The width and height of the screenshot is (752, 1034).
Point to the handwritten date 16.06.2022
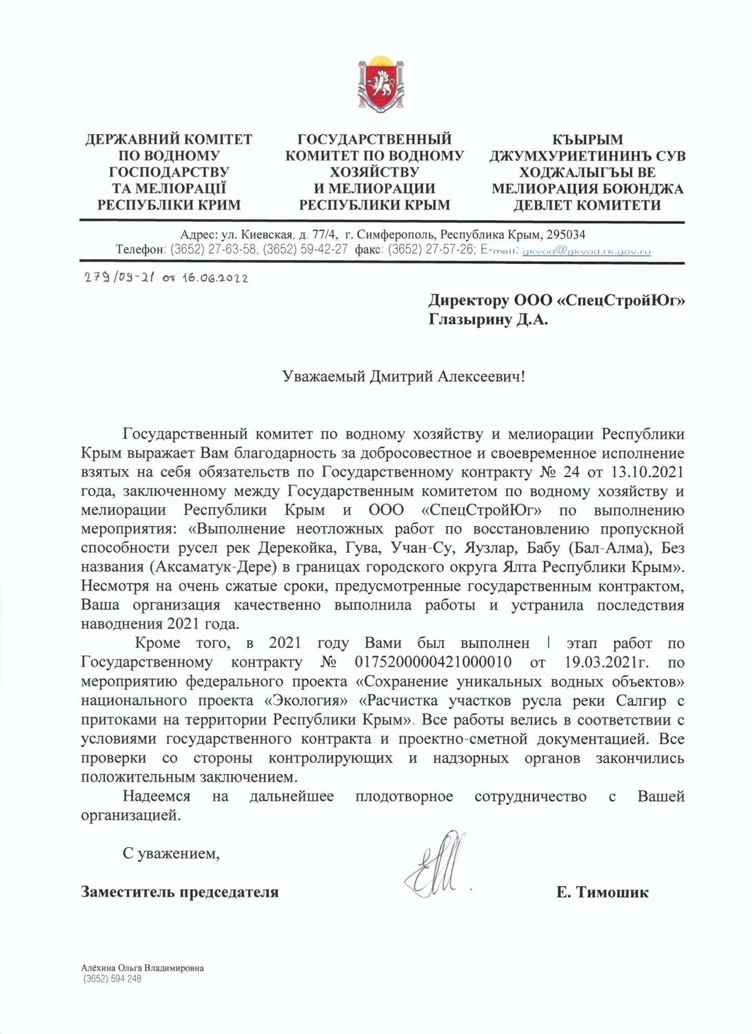point(215,278)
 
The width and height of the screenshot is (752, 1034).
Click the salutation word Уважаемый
point(323,376)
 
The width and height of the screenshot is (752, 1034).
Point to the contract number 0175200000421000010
point(432,662)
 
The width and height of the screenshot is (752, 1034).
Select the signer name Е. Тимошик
point(602,892)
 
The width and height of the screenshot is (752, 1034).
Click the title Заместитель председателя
point(180,892)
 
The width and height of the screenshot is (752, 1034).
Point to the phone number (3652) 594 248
point(112,979)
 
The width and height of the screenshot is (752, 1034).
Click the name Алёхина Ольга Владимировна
point(142,968)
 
